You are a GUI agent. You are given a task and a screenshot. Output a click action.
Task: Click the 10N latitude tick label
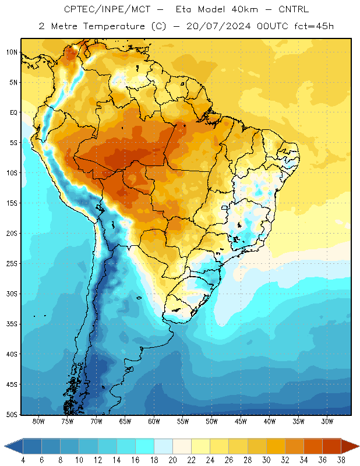(x=12, y=52)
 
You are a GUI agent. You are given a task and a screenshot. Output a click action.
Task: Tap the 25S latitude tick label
(x=12, y=264)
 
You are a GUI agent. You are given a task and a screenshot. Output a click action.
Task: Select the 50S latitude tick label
(x=12, y=415)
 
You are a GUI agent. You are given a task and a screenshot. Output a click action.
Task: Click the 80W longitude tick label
(x=38, y=421)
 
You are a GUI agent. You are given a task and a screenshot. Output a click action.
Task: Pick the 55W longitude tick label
(x=183, y=421)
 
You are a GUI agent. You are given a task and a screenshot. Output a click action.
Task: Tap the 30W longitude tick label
(x=327, y=421)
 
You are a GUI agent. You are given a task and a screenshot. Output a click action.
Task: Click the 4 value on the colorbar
(x=23, y=460)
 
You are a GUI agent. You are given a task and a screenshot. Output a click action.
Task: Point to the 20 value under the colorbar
(x=172, y=460)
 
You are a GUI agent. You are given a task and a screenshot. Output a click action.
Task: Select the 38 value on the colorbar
(x=341, y=460)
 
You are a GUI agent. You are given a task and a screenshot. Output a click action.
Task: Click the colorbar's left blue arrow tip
(x=5, y=446)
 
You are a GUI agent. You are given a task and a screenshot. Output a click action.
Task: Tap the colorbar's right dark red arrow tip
(x=359, y=446)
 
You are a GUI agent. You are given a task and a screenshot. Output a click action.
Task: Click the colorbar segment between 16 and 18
(x=145, y=446)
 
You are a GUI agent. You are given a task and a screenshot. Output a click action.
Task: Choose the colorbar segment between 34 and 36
(x=313, y=446)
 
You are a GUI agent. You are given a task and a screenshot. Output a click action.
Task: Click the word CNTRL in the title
(x=294, y=9)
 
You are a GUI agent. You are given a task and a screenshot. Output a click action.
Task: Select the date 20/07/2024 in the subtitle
(x=218, y=26)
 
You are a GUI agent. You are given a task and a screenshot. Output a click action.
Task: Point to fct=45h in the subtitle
(x=314, y=26)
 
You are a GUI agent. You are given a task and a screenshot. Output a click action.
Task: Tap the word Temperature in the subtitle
(x=114, y=27)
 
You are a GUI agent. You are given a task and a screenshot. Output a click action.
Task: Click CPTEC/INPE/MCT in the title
(x=107, y=9)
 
